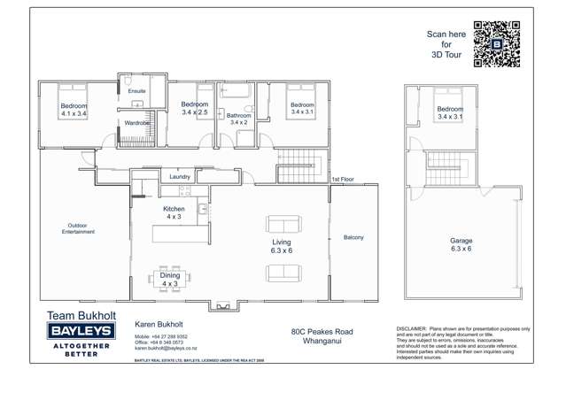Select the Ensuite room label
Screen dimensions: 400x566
pos(136,91)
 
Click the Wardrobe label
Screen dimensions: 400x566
pos(137,123)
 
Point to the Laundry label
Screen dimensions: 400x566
pos(181,177)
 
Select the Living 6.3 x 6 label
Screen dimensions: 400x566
pos(281,246)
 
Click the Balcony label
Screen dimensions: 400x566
pos(353,237)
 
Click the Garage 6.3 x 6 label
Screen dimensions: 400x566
pos(461,244)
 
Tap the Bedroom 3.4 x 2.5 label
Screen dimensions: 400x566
pos(194,109)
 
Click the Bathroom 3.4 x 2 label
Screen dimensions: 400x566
pos(238,119)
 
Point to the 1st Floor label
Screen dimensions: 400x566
pos(343,180)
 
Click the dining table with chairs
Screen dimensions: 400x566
pos(170,278)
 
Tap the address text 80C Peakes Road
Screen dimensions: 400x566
pos(322,332)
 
